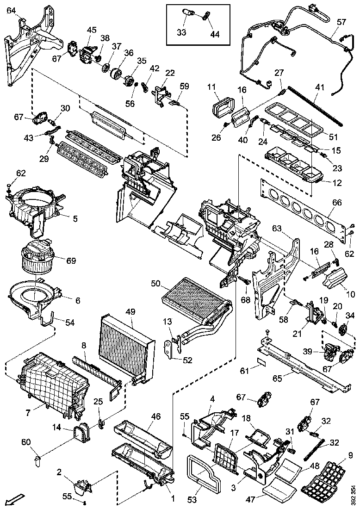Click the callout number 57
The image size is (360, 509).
click(x=341, y=22)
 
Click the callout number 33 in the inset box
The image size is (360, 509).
click(x=182, y=32)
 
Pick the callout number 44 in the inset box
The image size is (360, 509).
click(x=215, y=34)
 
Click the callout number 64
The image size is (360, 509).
click(x=11, y=11)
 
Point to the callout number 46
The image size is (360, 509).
click(x=156, y=416)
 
